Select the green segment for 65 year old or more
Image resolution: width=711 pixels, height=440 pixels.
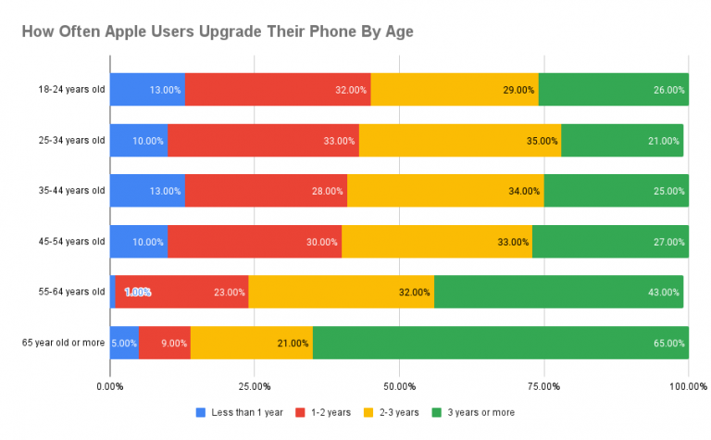pos(500,343)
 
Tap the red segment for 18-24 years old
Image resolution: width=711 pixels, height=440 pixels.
pos(278,90)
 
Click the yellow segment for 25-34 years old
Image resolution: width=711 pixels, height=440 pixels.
pos(459,141)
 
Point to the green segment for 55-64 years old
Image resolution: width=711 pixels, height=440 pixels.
pos(558,292)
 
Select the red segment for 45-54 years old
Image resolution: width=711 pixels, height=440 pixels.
pos(255,242)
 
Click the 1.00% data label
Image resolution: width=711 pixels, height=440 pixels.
pos(137,293)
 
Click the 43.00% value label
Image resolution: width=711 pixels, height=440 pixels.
pos(666,293)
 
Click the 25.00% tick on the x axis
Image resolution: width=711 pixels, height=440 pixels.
pos(255,385)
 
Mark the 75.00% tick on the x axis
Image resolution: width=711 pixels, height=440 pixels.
pos(543,385)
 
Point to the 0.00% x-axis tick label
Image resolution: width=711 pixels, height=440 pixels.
pos(110,385)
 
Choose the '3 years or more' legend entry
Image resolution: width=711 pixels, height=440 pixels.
pos(480,412)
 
